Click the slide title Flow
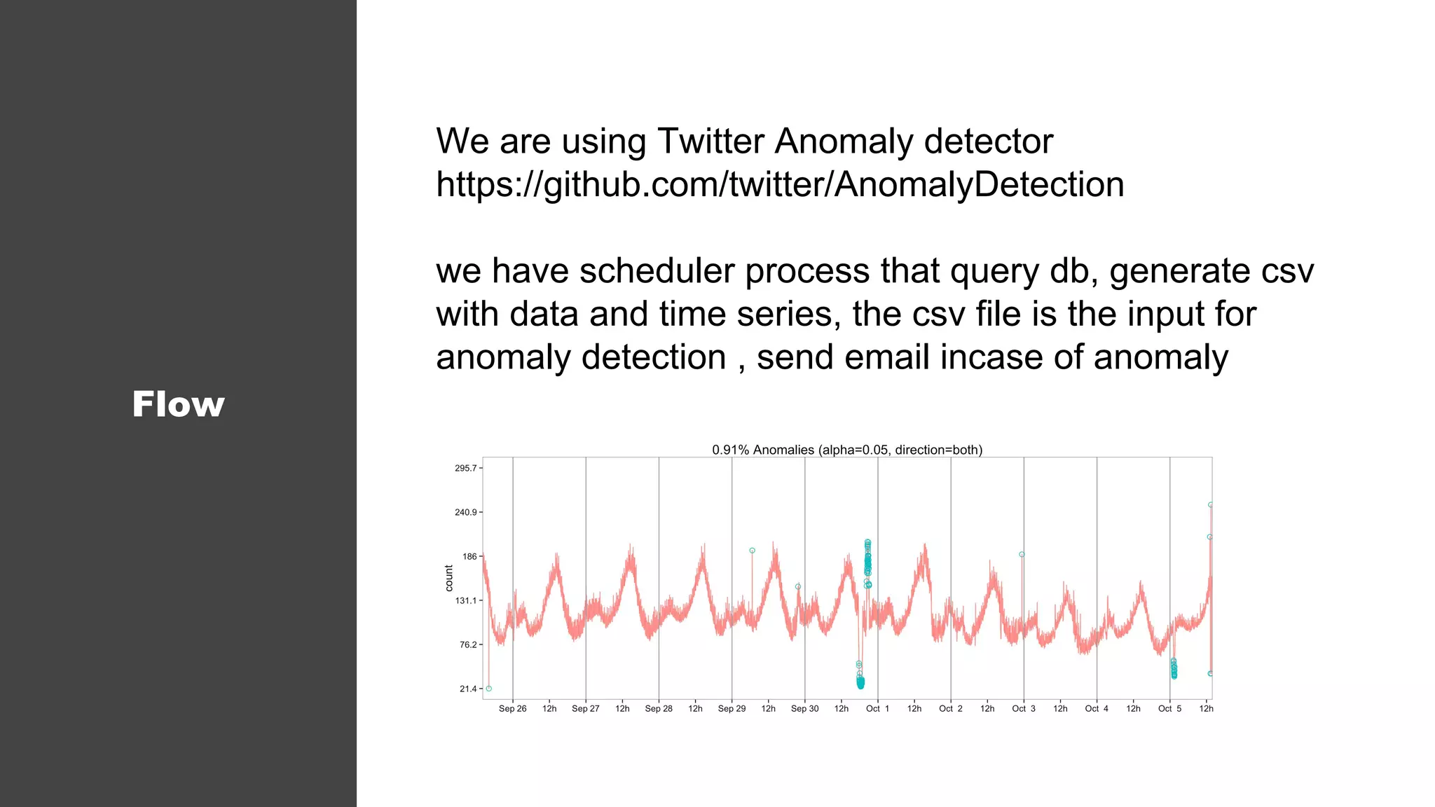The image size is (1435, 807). (x=178, y=404)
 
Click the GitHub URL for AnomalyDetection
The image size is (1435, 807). (x=780, y=185)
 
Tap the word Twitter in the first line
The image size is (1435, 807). (x=710, y=141)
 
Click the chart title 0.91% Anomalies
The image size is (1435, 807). (x=847, y=450)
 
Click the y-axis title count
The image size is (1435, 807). (x=449, y=578)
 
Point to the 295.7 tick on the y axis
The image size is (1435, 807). (x=466, y=468)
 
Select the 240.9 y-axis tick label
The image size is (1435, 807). (x=466, y=512)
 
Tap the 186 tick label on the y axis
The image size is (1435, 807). (x=469, y=556)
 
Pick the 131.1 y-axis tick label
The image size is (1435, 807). (x=466, y=600)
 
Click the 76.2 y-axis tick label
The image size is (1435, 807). (x=468, y=644)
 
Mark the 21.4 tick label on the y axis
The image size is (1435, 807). (x=468, y=689)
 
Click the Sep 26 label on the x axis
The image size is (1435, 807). (x=512, y=709)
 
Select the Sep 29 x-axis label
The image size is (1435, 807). (x=732, y=709)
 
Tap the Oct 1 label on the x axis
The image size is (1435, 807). (x=877, y=709)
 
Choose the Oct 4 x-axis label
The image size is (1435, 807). (x=1097, y=709)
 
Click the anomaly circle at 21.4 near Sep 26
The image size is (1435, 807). (x=489, y=689)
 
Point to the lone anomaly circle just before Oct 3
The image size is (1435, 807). (x=1022, y=555)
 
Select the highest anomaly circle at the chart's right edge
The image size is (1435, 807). (x=1210, y=504)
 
